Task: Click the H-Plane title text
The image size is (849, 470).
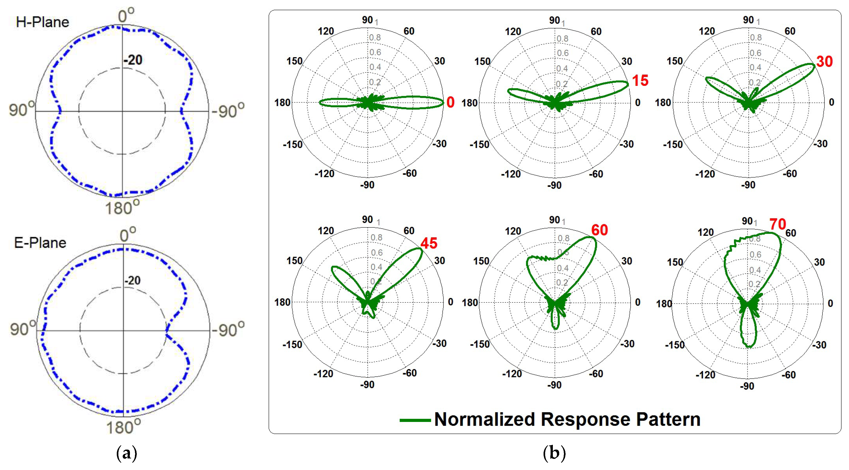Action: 42,22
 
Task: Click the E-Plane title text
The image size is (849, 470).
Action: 40,243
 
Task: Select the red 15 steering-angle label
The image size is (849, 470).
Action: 640,80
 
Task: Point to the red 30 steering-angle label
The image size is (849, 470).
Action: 824,61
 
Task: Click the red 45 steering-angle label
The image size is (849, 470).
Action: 429,243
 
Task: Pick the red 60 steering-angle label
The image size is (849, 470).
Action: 599,230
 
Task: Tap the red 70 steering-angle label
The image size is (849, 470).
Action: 778,224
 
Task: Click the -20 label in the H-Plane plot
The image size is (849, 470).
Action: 133,60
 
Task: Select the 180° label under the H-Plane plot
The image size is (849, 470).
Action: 122,208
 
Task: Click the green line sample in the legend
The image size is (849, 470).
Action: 415,420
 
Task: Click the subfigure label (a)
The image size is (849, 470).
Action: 127,453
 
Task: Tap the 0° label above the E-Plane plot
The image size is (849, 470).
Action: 127,235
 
